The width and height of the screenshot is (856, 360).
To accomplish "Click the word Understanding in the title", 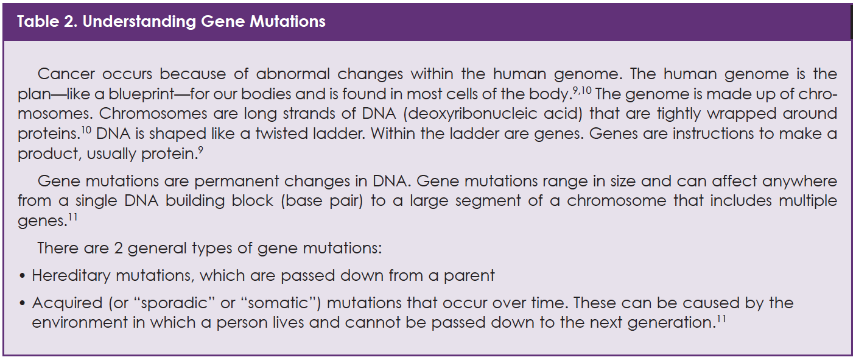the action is pos(139,22).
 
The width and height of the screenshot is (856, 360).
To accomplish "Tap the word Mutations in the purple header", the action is pos(287,21).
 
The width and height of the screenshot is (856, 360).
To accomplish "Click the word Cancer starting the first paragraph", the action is pos(66,74).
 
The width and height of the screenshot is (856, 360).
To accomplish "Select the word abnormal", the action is pos(293,74).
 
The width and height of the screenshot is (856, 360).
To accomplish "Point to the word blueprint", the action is pos(141,94).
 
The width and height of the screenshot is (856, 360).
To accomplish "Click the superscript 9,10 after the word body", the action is pos(582,91).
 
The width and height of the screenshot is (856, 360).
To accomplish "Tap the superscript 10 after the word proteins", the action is pos(86,130).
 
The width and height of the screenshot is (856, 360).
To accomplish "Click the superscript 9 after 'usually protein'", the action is pos(201,150).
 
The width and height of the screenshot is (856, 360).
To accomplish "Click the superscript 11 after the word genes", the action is pos(73,217).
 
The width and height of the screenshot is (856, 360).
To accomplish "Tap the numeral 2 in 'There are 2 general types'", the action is pos(118,249).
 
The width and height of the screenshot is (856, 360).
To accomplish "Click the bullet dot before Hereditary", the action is pos(22,276).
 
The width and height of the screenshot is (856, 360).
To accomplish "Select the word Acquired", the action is pos(67,303).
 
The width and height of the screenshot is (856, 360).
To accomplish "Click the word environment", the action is pos(80,323).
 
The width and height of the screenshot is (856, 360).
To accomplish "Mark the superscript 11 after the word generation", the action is pos(721,319).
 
